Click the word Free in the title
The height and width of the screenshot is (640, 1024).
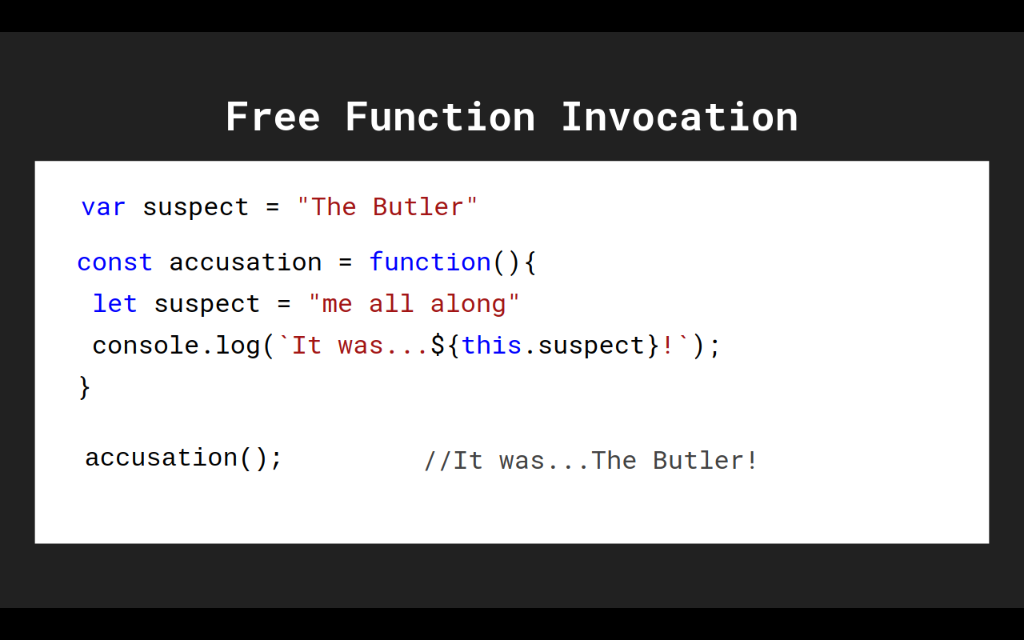tap(273, 118)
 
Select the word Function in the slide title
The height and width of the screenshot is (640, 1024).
tap(440, 118)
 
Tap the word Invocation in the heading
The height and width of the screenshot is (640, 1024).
tap(679, 118)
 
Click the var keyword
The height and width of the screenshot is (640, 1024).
tap(103, 207)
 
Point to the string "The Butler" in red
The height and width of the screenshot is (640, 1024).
tap(387, 207)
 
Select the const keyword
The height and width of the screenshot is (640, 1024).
tap(114, 262)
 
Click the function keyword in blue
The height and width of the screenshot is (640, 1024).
tap(430, 262)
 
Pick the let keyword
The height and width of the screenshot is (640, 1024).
tap(114, 304)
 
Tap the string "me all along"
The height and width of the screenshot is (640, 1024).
tap(414, 304)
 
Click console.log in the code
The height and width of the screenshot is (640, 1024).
tap(176, 346)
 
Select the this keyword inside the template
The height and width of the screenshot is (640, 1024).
tap(491, 346)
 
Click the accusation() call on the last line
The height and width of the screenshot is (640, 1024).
tap(183, 458)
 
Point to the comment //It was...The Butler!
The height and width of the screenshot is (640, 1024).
tap(590, 461)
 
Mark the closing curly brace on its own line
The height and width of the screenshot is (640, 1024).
tap(84, 387)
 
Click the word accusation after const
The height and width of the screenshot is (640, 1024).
tap(245, 262)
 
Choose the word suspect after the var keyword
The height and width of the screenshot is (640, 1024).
tap(195, 207)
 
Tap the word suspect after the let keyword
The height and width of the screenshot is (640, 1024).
tap(206, 304)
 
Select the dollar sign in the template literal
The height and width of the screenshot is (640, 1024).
tap(438, 346)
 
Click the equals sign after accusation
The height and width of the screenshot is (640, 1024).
tap(345, 262)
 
